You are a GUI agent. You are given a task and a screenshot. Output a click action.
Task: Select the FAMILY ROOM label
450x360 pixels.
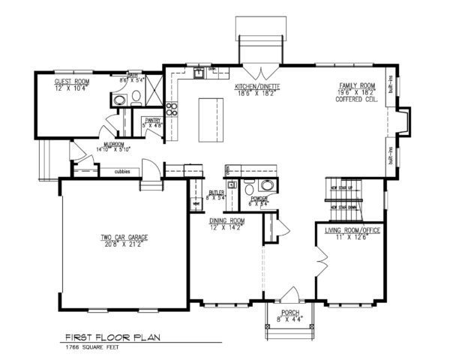point(357,87)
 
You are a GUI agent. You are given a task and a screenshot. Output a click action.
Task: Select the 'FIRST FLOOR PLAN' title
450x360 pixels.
point(110,337)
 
